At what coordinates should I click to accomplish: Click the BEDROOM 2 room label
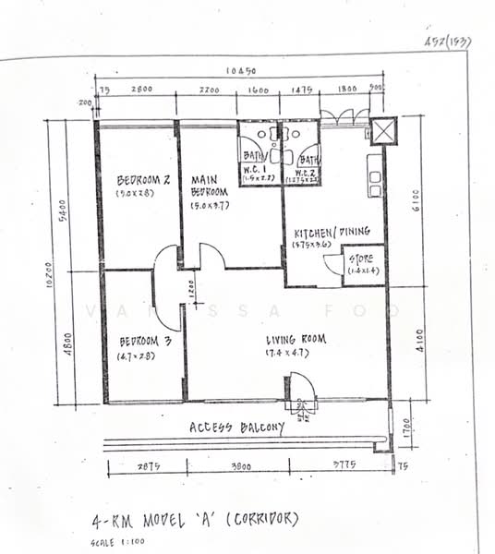tap(143, 179)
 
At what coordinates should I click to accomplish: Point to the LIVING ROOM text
tap(295, 339)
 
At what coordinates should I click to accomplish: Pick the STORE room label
tap(362, 259)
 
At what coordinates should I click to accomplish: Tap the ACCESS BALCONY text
tap(236, 428)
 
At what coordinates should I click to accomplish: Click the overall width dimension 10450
tap(242, 72)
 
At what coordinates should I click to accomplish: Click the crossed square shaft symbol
tap(381, 128)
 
